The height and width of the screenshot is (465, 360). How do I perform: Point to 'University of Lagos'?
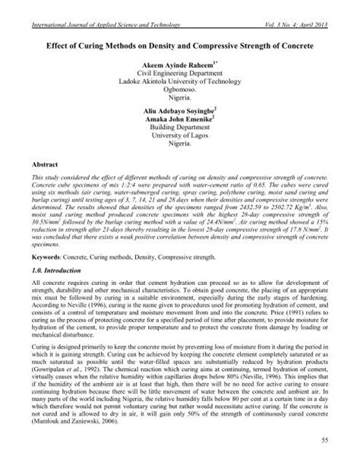179,139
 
